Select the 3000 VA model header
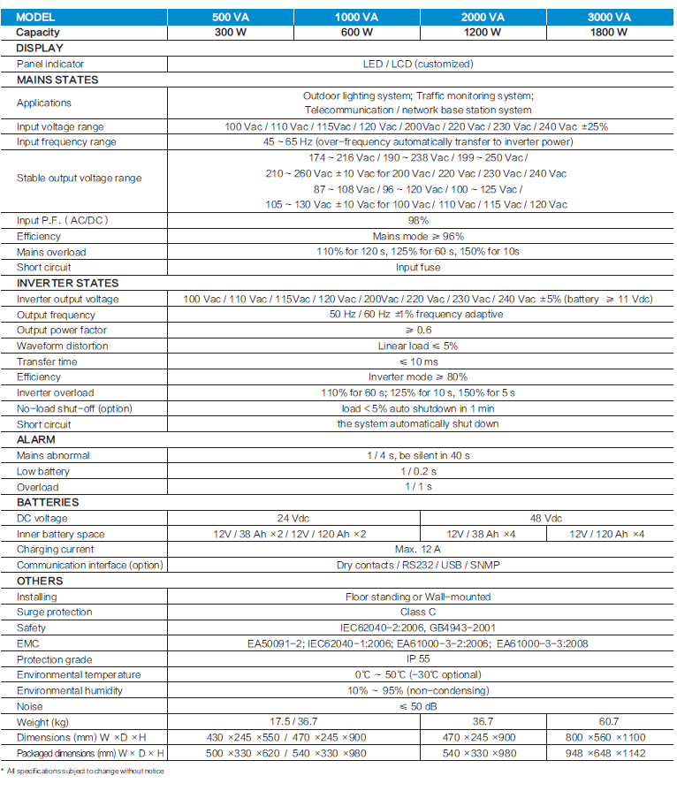coord(609,18)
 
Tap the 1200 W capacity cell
coord(483,32)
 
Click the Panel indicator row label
coord(52,64)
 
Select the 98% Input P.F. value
coord(418,220)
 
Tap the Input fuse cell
coord(418,267)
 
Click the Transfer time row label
coord(48,361)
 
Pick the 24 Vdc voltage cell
coord(292,519)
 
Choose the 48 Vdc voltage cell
coord(545,519)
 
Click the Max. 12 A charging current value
coord(418,550)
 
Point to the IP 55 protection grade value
coord(418,659)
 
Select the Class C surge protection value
coord(418,612)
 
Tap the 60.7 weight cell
coord(609,722)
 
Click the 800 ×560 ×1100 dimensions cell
coord(609,737)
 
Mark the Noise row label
coord(30,706)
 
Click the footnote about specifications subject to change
coord(84,771)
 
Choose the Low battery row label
coord(43,471)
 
